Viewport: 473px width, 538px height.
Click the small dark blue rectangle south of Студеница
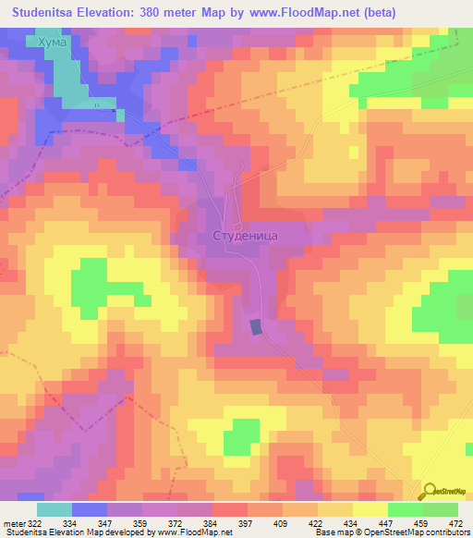tap(256, 325)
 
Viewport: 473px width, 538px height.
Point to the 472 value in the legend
tap(455, 523)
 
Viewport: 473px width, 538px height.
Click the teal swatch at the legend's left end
tap(55, 509)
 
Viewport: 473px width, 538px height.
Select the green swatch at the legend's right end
tap(440, 509)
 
